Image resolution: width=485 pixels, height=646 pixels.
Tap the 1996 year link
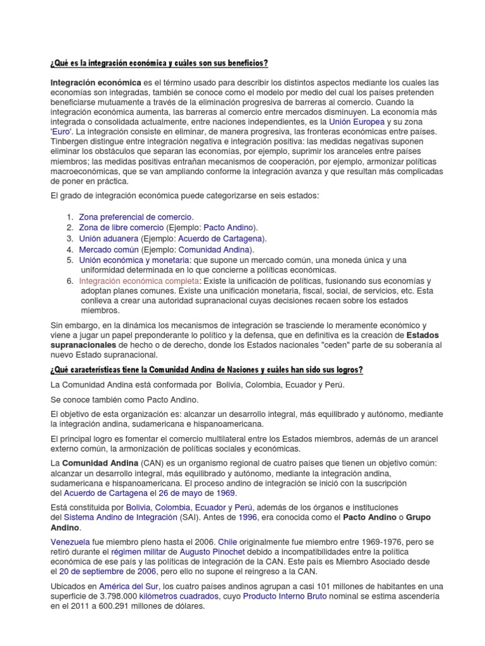click(249, 517)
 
